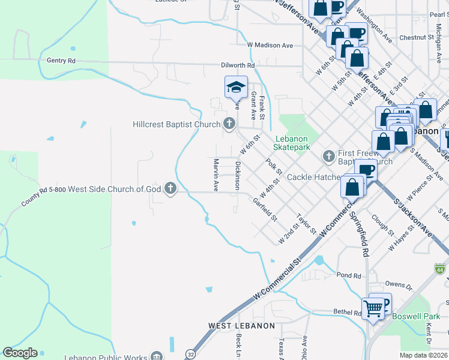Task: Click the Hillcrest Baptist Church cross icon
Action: pyautogui.click(x=228, y=124)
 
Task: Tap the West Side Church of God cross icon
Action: pyautogui.click(x=170, y=189)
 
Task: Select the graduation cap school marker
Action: pyautogui.click(x=236, y=88)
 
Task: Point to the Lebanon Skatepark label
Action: pyautogui.click(x=292, y=142)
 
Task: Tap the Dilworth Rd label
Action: pyautogui.click(x=238, y=65)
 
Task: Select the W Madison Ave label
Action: pyautogui.click(x=270, y=45)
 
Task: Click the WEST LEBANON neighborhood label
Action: pyautogui.click(x=241, y=326)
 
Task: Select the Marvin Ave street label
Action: pyautogui.click(x=215, y=175)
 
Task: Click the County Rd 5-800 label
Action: pyautogui.click(x=43, y=196)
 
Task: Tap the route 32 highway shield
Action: pyautogui.click(x=191, y=353)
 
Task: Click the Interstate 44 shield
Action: pyautogui.click(x=441, y=269)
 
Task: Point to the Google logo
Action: pyautogui.click(x=20, y=353)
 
